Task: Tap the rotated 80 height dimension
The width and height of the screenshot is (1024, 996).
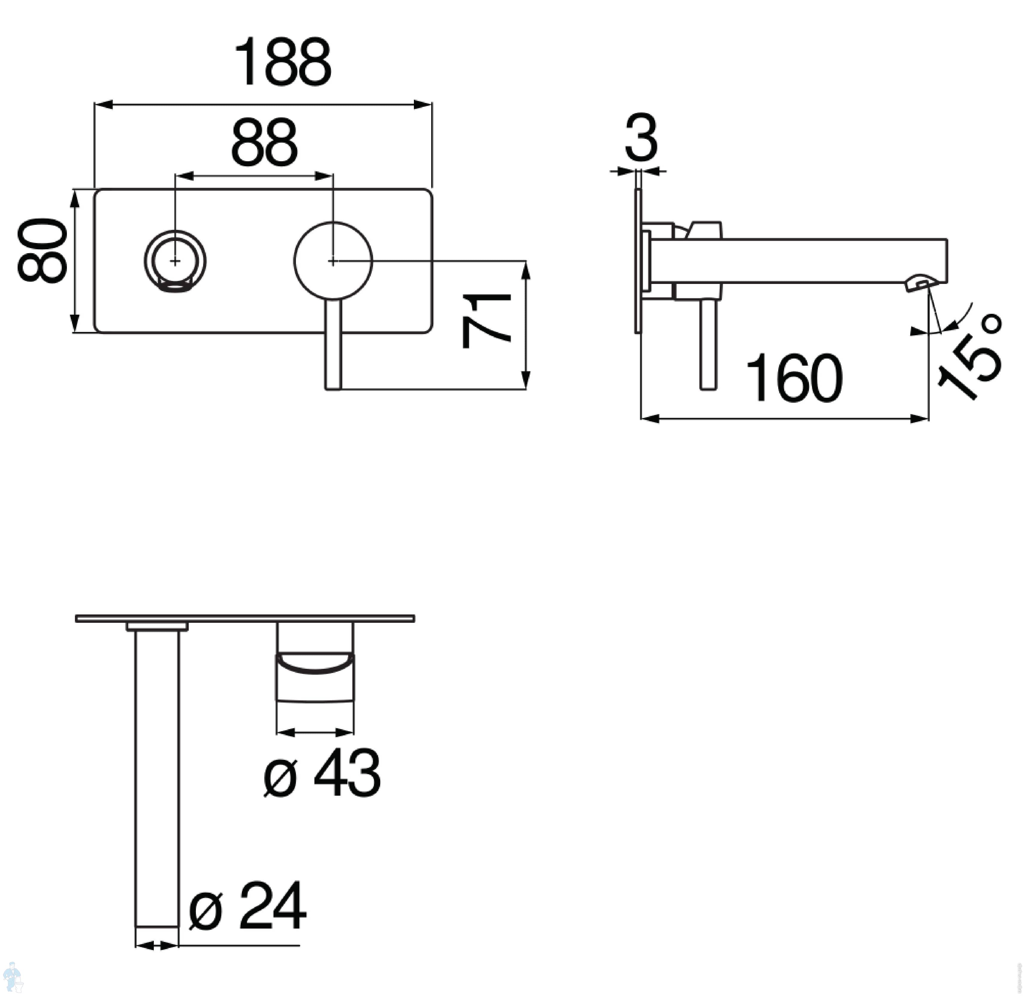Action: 43,251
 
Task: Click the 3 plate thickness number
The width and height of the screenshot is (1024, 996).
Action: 641,138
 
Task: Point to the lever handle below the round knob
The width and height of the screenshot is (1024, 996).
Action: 333,345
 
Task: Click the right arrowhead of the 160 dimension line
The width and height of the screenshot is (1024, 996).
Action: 919,419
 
